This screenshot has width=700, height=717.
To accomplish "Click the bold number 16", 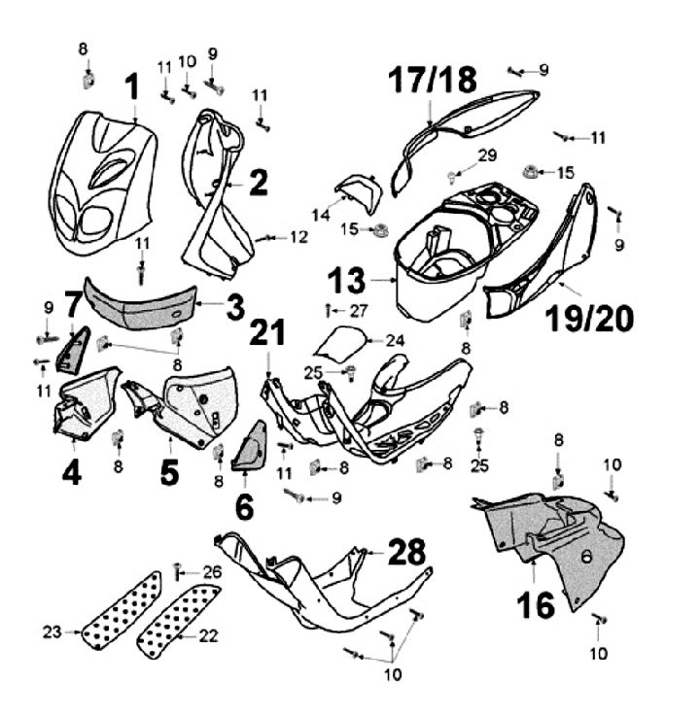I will [535, 604].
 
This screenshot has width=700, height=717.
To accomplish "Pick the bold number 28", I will [406, 552].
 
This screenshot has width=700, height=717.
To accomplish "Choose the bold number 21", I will [267, 332].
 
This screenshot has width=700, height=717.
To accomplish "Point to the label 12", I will [297, 237].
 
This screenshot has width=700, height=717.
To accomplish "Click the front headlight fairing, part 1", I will [102, 180].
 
